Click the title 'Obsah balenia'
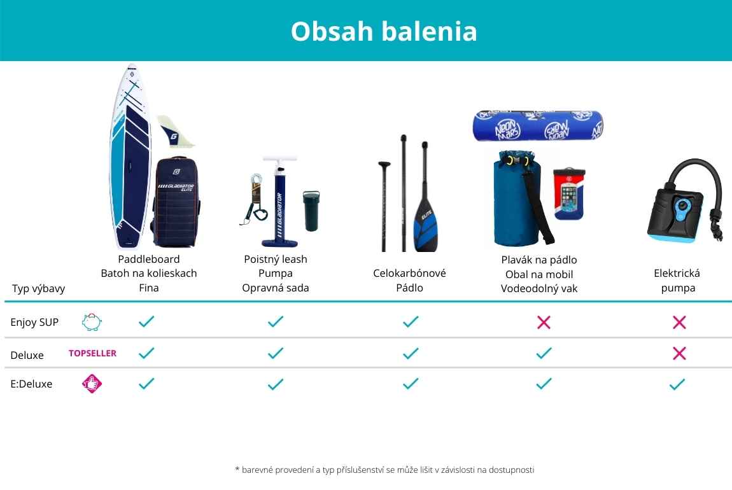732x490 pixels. point(384,31)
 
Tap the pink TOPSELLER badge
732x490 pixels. point(92,353)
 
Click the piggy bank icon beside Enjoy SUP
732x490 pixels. point(92,322)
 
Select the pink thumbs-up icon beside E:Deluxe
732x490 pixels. point(92,384)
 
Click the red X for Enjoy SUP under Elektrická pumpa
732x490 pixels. point(679,322)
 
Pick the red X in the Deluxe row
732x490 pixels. point(679,353)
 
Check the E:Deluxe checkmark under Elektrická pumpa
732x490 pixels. point(677,384)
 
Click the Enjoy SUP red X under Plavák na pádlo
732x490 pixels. point(544,322)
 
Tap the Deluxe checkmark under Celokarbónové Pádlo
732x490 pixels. point(411,353)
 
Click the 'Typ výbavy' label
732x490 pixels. point(38,288)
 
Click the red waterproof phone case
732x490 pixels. point(569,193)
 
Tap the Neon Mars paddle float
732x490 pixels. point(538,125)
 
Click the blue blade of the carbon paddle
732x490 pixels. point(426,226)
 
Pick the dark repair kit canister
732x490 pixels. point(312,210)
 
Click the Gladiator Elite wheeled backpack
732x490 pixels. point(176,202)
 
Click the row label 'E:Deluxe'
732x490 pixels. point(31,384)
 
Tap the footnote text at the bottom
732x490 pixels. point(384,470)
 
